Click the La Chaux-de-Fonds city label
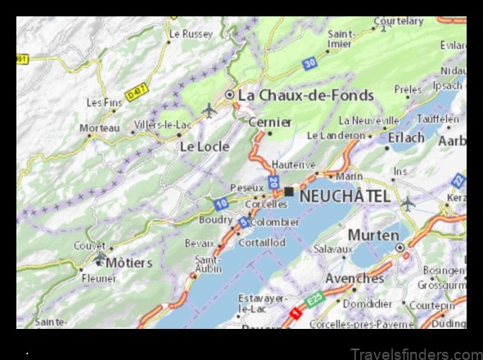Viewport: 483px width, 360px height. point(305,95)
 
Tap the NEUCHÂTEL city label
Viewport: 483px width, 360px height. point(345,196)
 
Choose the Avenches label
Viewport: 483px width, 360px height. point(354,278)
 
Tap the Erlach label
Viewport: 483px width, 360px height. point(406,137)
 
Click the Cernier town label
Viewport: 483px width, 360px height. point(270,122)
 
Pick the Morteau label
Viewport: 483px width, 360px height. point(99,128)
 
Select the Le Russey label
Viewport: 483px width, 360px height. point(191,34)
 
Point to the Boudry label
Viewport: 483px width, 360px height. point(215,219)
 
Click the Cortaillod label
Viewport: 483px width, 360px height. point(262,242)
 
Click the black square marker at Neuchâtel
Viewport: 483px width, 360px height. point(289,191)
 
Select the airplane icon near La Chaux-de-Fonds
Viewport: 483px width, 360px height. point(209,109)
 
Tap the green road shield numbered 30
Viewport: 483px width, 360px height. point(308,62)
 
